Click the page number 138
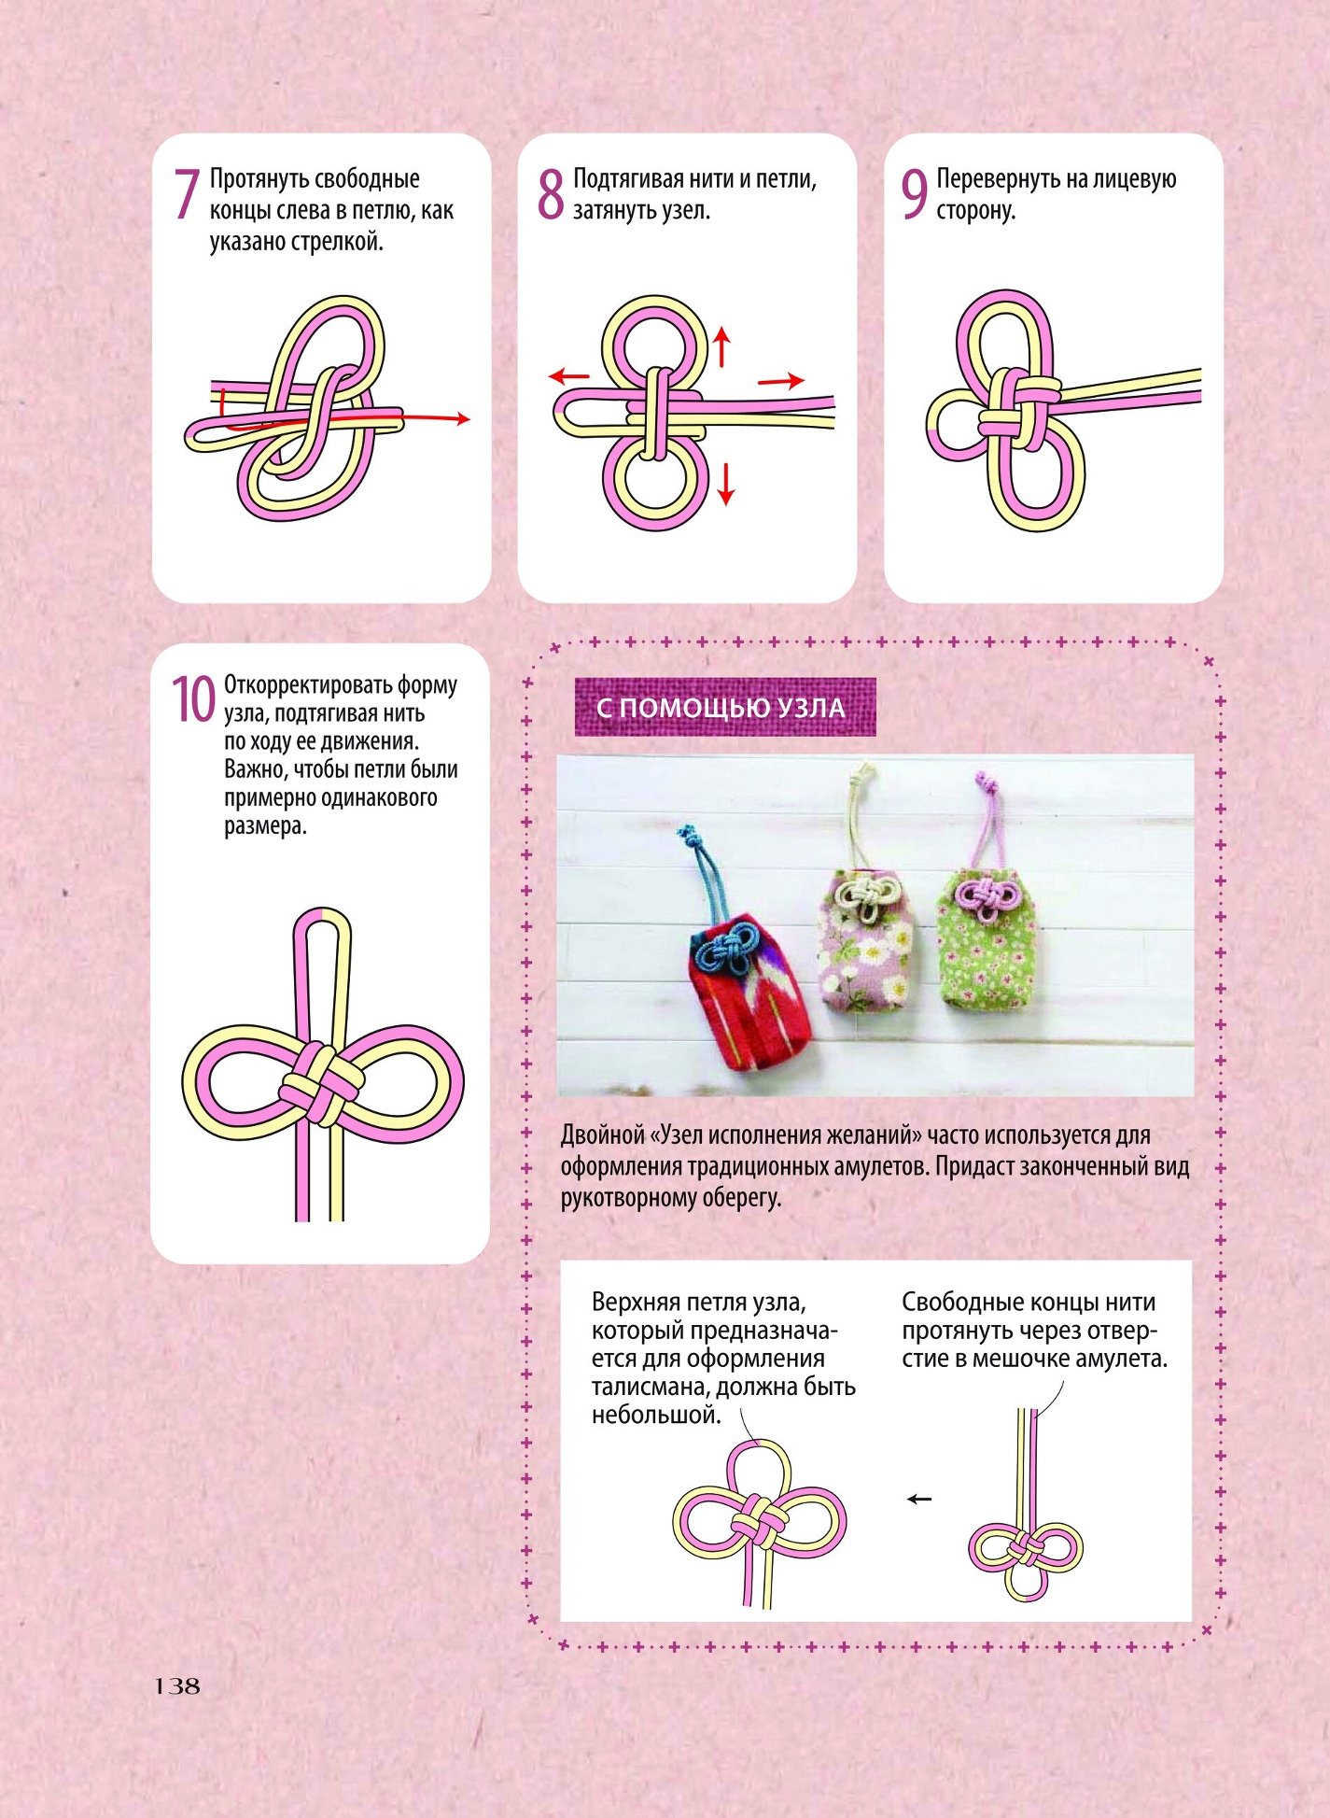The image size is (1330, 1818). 177,1685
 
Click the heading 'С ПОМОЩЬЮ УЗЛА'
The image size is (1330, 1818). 721,708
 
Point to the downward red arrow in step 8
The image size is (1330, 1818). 726,484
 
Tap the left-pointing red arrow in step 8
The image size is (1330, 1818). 569,376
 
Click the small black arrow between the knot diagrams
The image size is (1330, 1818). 919,1499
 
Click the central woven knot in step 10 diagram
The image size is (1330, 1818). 321,1083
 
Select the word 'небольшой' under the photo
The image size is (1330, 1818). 656,1415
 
